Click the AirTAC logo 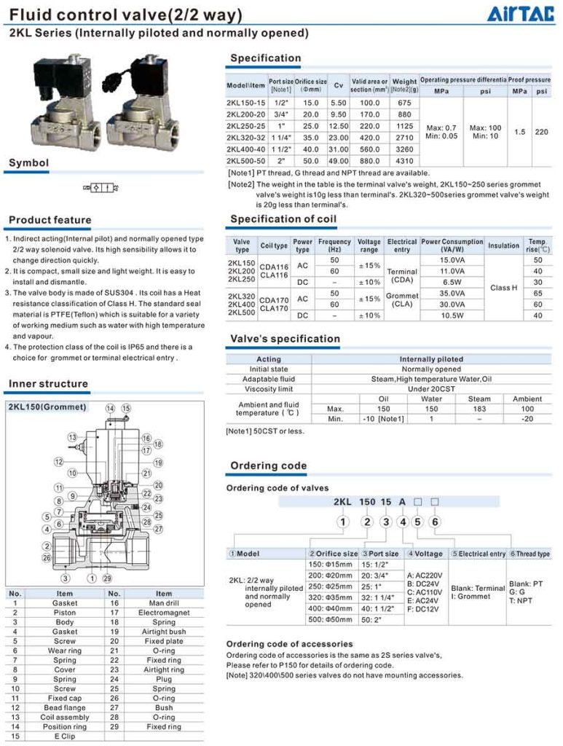pyautogui.click(x=523, y=15)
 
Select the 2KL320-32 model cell pyautogui.click(x=245, y=137)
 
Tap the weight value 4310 pyautogui.click(x=404, y=160)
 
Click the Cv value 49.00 pyautogui.click(x=339, y=160)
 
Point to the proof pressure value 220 pyautogui.click(x=541, y=133)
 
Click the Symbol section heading pyautogui.click(x=29, y=163)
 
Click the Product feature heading pyautogui.click(x=50, y=220)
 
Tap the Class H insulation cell pyautogui.click(x=503, y=288)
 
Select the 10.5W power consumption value pyautogui.click(x=452, y=315)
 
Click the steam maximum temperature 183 pyautogui.click(x=479, y=409)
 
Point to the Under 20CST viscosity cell pyautogui.click(x=431, y=389)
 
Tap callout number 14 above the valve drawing pyautogui.click(x=110, y=408)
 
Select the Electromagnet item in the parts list pyautogui.click(x=164, y=613)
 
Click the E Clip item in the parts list pyautogui.click(x=64, y=736)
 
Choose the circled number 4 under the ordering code pyautogui.click(x=401, y=521)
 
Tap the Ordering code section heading pyautogui.click(x=268, y=466)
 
